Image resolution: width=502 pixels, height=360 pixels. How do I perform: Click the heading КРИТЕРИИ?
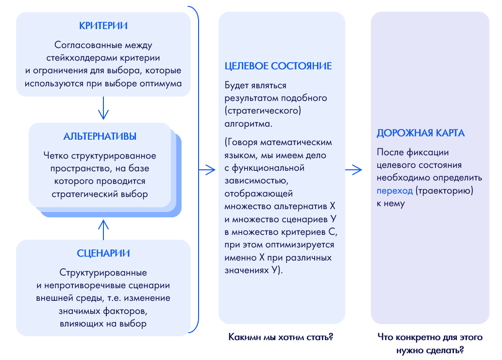(103, 26)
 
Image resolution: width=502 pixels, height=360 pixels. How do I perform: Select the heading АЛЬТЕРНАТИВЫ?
(100, 136)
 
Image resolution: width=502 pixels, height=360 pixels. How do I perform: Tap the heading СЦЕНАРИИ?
(103, 253)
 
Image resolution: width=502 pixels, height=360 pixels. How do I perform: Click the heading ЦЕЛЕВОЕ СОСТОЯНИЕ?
(278, 66)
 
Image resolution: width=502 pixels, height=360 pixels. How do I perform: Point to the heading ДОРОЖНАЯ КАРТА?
(420, 133)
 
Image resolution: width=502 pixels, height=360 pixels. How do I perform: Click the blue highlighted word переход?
(394, 191)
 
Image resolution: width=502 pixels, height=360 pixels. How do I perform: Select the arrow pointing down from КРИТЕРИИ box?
(103, 108)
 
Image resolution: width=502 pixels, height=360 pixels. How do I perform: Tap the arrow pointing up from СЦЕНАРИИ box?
(103, 229)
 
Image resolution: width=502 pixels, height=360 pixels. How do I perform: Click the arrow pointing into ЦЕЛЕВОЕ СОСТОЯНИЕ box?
(207, 170)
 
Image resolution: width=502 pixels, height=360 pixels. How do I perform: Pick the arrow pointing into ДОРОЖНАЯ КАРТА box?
(353, 170)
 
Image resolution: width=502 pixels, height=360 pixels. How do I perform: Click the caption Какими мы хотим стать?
(281, 337)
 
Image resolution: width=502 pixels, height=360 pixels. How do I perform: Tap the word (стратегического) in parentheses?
(263, 111)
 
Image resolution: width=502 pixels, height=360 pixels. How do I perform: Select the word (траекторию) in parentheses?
(444, 191)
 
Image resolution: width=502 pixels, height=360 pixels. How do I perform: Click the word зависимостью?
(256, 181)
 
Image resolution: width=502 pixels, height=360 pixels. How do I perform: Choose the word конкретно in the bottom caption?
(418, 337)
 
